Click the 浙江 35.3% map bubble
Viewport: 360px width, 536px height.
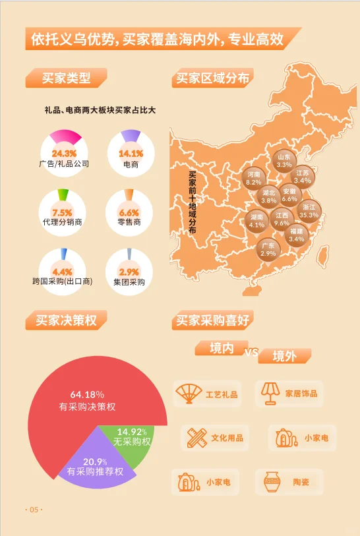[309, 210]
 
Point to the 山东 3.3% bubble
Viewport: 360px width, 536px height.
[284, 160]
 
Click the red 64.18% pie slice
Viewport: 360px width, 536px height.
[86, 402]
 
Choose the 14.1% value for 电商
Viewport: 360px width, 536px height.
[131, 153]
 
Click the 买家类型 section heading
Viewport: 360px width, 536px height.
[66, 78]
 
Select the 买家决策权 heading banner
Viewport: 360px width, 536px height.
[65, 321]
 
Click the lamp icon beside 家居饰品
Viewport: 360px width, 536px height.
[269, 393]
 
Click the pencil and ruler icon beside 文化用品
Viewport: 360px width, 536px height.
[197, 437]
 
